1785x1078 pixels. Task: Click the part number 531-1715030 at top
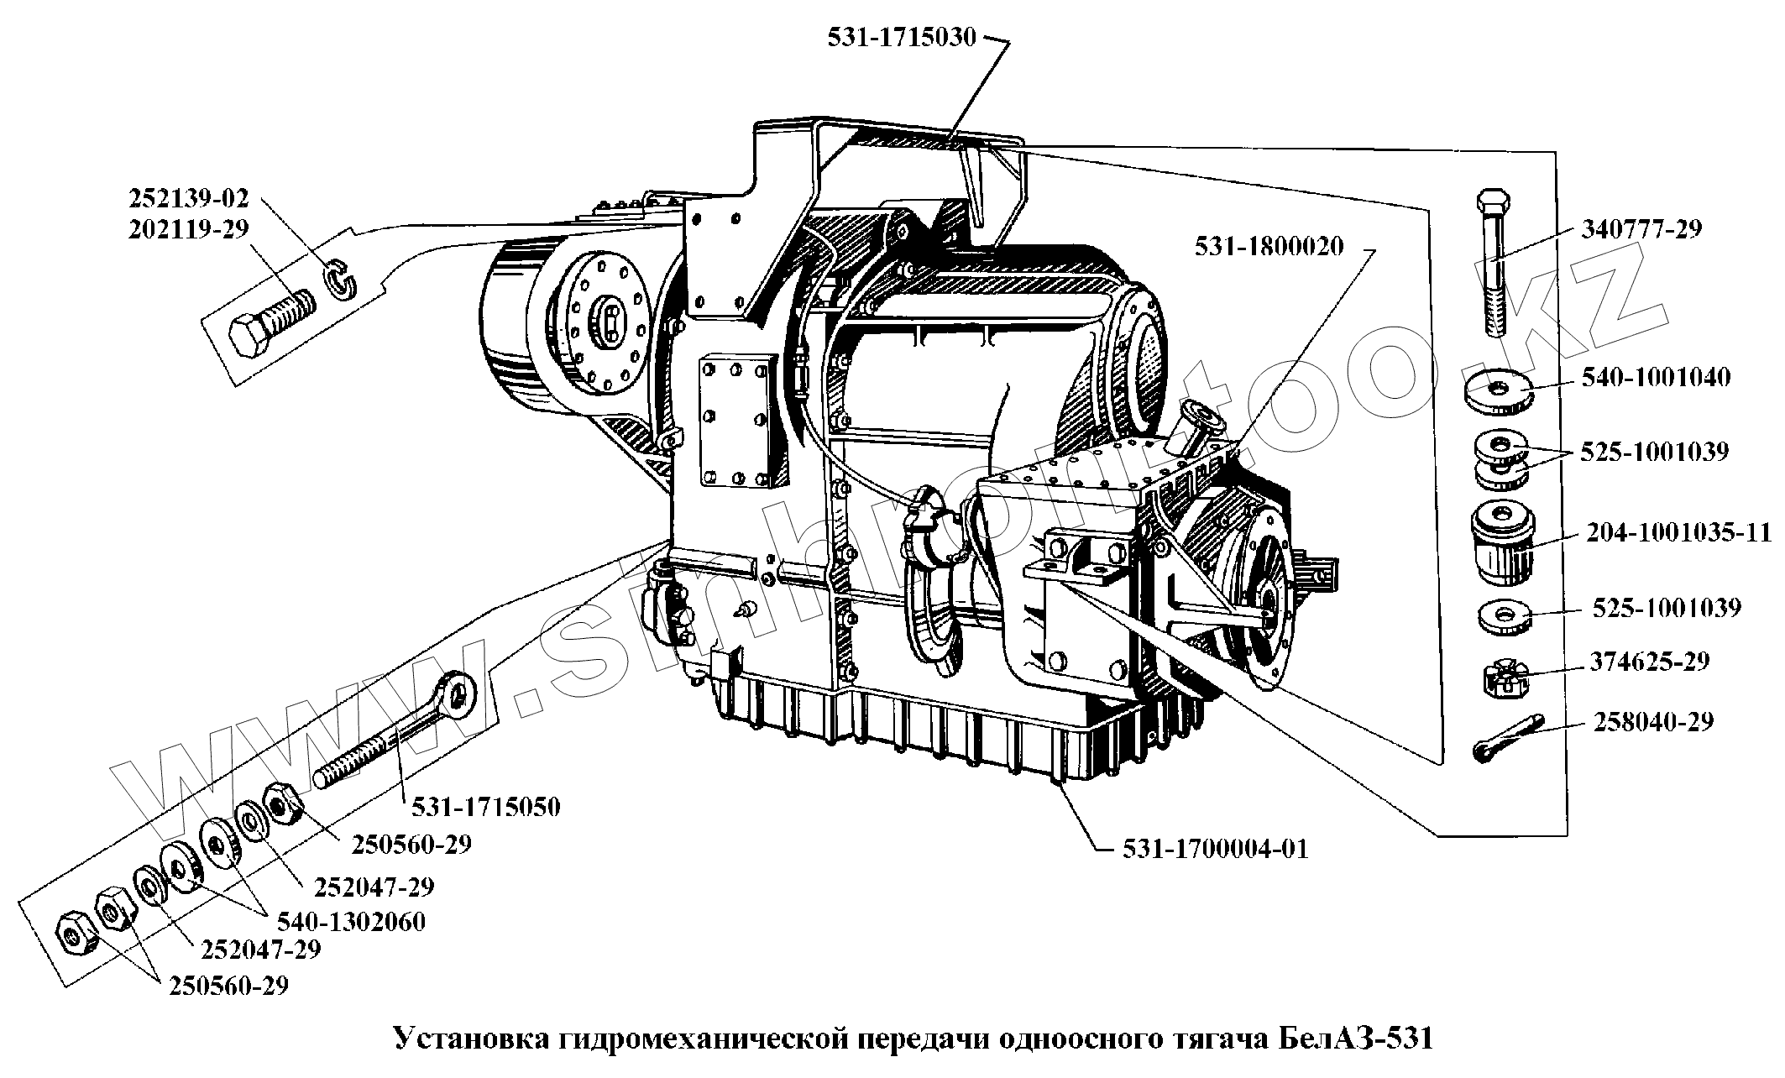point(902,38)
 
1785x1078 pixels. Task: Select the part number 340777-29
point(1641,229)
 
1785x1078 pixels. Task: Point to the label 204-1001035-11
point(1678,532)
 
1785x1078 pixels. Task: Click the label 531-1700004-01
point(1215,848)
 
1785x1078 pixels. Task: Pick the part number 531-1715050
point(485,807)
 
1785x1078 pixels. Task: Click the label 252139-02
point(189,198)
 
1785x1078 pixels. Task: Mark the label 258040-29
point(1652,722)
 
